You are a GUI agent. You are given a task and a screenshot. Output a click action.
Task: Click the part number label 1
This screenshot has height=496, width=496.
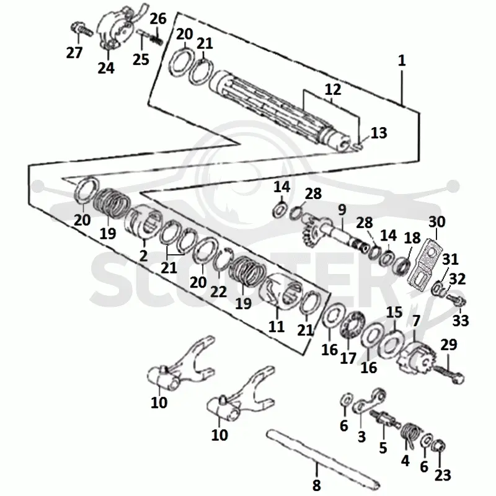click(x=402, y=60)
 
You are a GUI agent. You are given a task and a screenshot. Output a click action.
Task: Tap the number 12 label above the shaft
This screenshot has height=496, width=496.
click(x=333, y=89)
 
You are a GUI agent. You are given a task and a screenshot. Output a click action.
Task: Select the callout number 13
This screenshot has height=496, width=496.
click(x=379, y=133)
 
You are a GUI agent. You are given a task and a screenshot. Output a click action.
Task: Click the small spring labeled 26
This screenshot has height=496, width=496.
click(x=157, y=39)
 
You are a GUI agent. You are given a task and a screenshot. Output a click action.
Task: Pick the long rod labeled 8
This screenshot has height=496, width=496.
click(x=322, y=458)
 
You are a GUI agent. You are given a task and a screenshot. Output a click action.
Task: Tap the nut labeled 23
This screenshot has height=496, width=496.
click(x=439, y=446)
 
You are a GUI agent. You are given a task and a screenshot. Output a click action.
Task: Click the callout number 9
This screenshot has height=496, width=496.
click(x=342, y=210)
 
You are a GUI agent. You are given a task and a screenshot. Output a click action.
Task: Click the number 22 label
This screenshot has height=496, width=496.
click(x=219, y=291)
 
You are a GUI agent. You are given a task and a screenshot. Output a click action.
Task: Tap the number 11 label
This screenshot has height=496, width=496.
click(x=276, y=326)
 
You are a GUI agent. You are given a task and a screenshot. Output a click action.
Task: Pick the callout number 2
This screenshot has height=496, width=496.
click(x=143, y=255)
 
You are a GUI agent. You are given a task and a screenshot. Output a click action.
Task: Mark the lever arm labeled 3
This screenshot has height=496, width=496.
click(x=369, y=401)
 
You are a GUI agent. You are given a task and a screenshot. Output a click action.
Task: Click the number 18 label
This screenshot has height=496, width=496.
click(x=412, y=238)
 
